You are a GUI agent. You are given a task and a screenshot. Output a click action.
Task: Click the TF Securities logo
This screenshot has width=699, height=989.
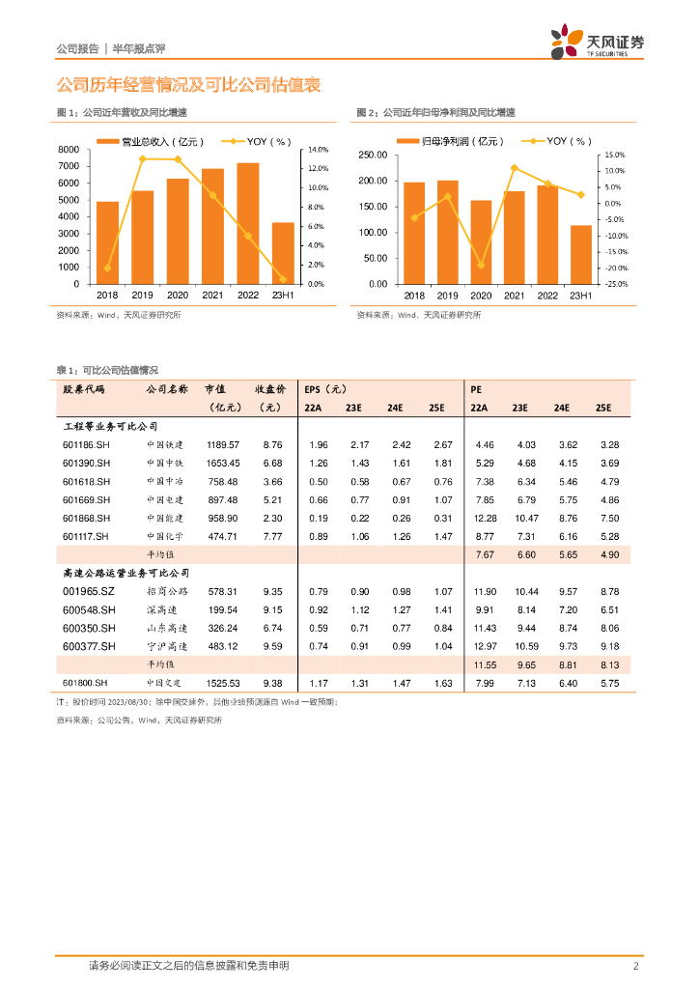coord(598,42)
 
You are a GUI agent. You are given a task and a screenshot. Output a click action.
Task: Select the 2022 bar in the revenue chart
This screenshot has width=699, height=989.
coord(248,223)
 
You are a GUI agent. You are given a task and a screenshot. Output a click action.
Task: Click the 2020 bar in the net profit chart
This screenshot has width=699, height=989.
coord(481,241)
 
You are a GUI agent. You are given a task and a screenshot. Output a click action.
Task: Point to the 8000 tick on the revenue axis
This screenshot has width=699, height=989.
coord(69,150)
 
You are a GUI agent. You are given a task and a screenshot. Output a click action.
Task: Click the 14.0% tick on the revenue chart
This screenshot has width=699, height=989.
coord(319,150)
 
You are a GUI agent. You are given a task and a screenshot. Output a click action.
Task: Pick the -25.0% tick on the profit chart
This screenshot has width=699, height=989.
coord(616,284)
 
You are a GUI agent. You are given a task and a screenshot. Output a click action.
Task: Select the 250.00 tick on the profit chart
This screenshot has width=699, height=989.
coord(372,155)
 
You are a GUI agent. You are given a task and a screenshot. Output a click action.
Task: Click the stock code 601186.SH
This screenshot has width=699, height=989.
coord(86,444)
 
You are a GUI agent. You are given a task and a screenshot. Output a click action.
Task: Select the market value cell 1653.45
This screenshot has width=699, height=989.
coord(222,463)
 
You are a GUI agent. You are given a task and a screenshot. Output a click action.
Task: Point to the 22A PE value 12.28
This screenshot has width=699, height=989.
coord(485,518)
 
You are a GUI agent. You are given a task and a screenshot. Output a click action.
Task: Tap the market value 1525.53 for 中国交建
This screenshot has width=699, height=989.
coord(222,684)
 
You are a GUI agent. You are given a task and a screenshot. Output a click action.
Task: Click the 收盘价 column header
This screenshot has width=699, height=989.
coord(270,389)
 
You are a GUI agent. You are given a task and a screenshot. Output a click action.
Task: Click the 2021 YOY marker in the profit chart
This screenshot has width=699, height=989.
coord(515,168)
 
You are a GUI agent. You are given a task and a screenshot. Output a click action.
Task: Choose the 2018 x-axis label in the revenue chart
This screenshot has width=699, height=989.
coord(107,295)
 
